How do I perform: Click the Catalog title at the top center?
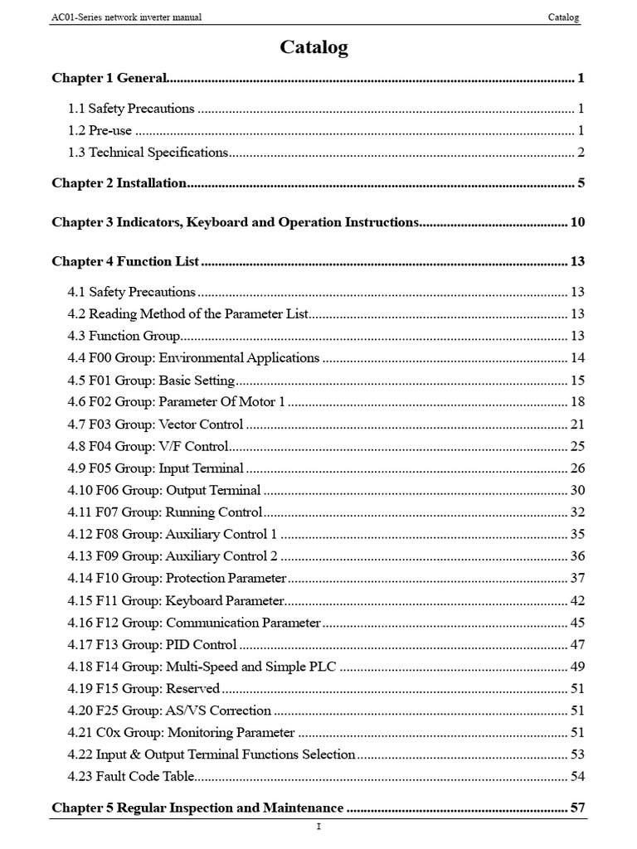point(314,48)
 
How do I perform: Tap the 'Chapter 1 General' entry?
point(109,79)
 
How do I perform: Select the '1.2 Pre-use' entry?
point(100,130)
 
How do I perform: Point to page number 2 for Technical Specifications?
point(581,153)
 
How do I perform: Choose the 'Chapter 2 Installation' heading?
point(119,183)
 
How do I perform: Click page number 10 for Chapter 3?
point(578,222)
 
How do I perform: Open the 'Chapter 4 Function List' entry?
point(125,262)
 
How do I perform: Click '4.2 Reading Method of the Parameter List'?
point(187,314)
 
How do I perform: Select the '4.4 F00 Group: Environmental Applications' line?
point(193,358)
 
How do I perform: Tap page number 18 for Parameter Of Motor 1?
point(578,402)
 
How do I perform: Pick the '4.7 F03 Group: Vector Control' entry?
point(155,424)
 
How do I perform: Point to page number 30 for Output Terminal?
point(578,491)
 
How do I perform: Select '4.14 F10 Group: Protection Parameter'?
point(177,578)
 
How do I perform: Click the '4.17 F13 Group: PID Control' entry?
point(153,644)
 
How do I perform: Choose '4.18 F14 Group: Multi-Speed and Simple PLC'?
point(202,667)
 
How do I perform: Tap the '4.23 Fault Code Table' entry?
point(130,777)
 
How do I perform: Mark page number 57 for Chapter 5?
point(578,808)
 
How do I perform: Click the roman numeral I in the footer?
point(318,827)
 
